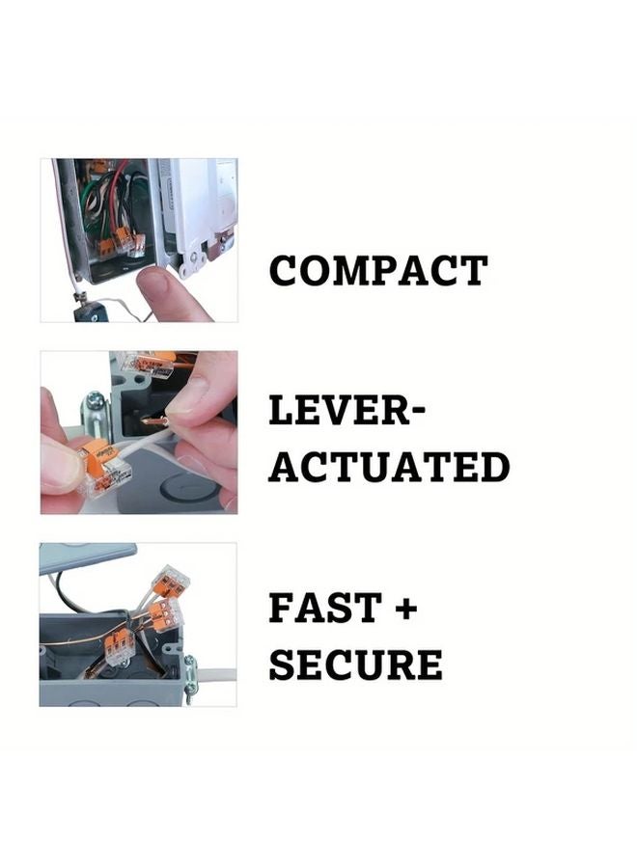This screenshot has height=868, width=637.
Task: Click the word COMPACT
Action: (x=377, y=271)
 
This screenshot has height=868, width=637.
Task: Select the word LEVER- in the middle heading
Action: (x=346, y=412)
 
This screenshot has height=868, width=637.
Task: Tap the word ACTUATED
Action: (x=388, y=467)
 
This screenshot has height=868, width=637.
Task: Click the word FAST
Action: (x=324, y=610)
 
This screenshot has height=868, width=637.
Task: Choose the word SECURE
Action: (x=355, y=665)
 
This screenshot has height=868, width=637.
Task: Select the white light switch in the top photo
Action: (x=204, y=212)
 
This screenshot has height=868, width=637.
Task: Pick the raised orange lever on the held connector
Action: (x=95, y=451)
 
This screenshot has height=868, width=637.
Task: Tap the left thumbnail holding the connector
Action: (x=60, y=469)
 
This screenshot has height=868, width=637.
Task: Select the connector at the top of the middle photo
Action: (x=145, y=365)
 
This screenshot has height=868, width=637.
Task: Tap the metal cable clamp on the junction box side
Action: (x=189, y=668)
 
